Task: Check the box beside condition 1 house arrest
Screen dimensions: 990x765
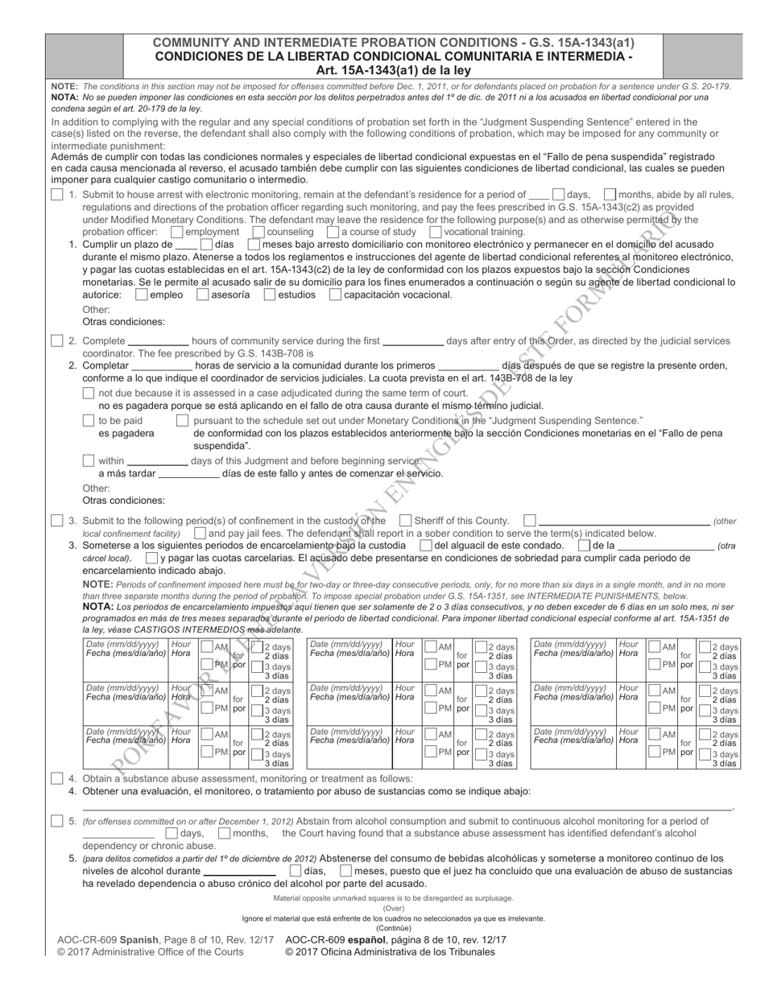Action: pos(56,195)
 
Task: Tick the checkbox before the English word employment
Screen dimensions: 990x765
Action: pos(177,232)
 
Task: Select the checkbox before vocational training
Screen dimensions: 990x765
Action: pos(436,232)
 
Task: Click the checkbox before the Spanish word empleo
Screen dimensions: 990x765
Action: pos(142,295)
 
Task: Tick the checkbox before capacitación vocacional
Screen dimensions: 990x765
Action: pos(335,295)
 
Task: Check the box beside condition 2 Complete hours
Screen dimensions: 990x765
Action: pos(56,340)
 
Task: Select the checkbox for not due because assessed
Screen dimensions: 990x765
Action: pos(89,393)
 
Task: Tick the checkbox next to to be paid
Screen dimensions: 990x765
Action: pos(89,420)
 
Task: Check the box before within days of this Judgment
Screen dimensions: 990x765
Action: pos(89,460)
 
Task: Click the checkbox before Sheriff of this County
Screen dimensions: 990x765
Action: pos(405,521)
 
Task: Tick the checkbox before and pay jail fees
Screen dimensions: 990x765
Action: pos(199,533)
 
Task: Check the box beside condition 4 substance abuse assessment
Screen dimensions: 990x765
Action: pos(56,778)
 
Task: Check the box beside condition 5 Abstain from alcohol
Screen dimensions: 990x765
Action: pos(56,821)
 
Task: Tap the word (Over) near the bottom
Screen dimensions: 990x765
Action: pos(393,908)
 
